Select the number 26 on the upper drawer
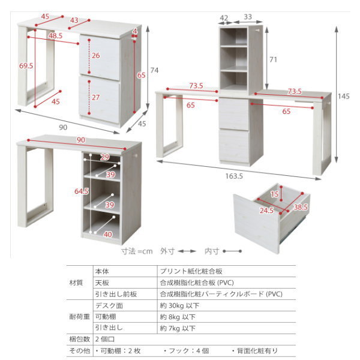pyautogui.click(x=97, y=56)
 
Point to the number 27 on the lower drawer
pyautogui.click(x=97, y=97)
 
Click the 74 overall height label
pyautogui.click(x=154, y=70)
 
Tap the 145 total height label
pyautogui.click(x=343, y=96)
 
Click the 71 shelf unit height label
pyautogui.click(x=273, y=59)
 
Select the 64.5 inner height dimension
pyautogui.click(x=82, y=191)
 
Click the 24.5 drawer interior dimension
pyautogui.click(x=266, y=211)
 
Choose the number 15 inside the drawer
pyautogui.click(x=274, y=194)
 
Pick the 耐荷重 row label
pyautogui.click(x=76, y=317)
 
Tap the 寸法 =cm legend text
pyautogui.click(x=137, y=251)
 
